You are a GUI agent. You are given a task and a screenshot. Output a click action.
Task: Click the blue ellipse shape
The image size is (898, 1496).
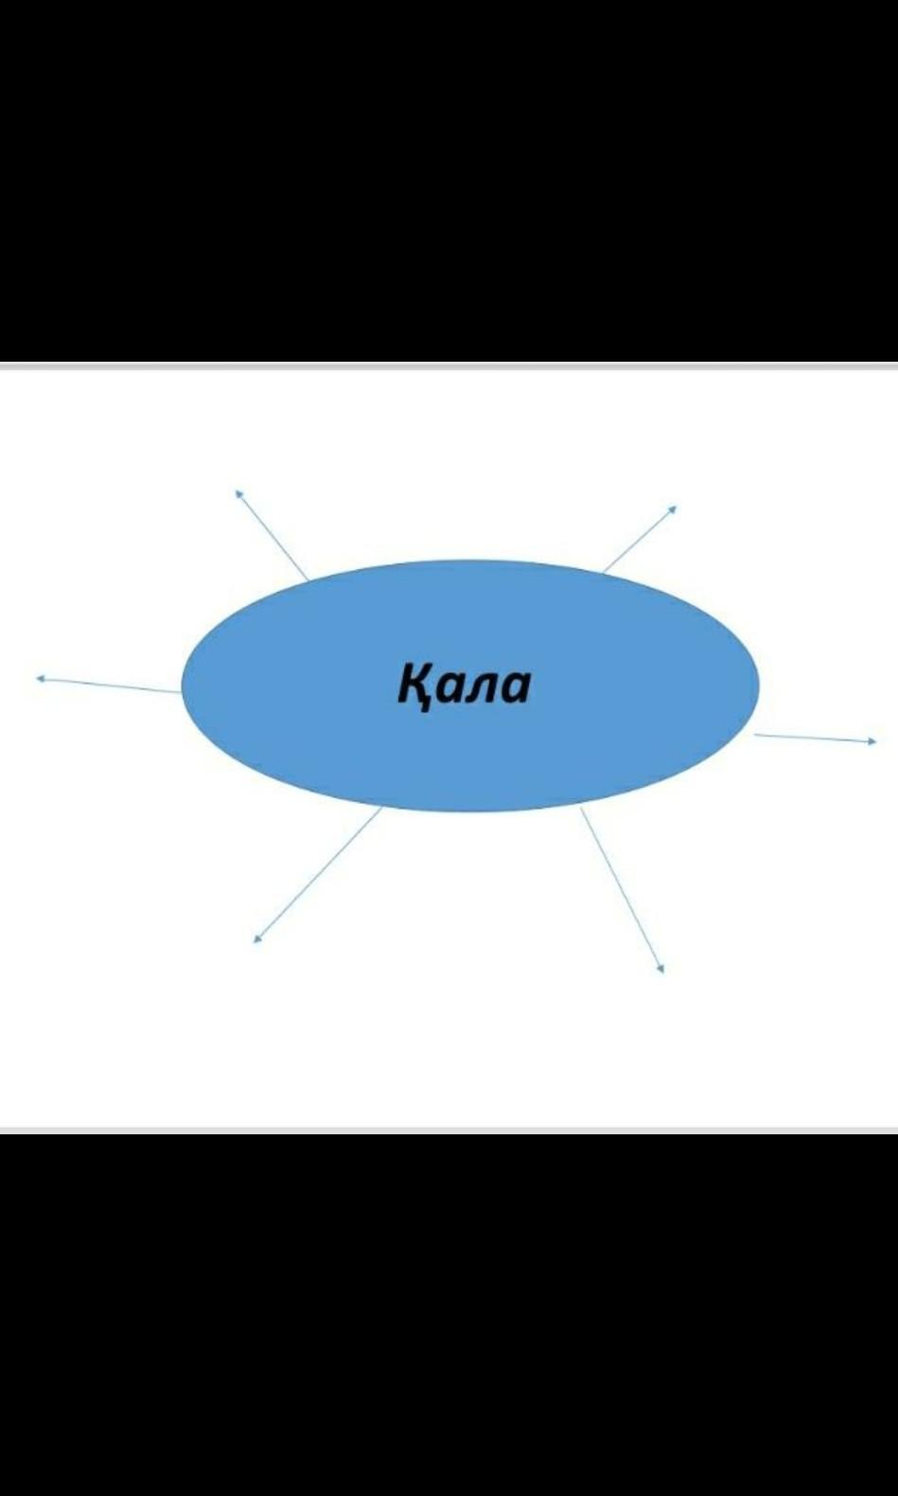470,686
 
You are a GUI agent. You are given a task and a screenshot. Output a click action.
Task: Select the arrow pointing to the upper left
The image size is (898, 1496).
271,535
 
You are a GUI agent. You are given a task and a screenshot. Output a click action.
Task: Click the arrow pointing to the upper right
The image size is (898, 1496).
640,539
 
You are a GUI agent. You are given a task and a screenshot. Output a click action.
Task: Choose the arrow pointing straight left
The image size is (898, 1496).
108,686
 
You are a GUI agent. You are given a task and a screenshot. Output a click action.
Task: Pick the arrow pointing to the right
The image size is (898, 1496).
815,738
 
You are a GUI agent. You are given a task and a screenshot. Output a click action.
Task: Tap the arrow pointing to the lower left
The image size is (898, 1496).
317,875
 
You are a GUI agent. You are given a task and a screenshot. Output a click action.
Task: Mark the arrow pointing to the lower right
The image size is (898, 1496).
623,891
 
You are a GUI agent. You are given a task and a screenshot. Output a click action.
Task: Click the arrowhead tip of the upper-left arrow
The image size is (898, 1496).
236,490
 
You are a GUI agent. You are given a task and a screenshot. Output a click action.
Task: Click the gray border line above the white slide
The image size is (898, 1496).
449,366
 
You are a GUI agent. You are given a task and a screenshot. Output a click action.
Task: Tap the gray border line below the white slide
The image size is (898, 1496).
449,1130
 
